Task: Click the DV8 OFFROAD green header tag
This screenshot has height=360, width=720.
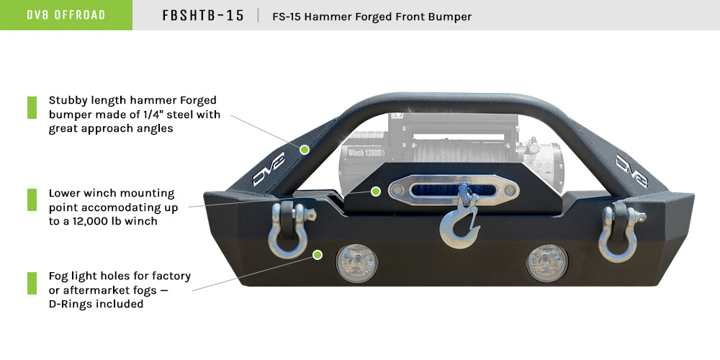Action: (x=66, y=15)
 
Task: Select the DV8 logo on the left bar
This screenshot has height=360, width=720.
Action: (x=269, y=168)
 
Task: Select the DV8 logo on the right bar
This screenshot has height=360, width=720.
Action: (x=631, y=168)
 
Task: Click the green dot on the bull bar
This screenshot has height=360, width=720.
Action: (x=305, y=150)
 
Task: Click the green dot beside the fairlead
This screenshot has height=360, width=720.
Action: (x=375, y=191)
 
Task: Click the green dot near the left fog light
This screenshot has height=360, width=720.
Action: (x=318, y=254)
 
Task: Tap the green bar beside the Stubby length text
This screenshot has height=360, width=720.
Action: (x=32, y=107)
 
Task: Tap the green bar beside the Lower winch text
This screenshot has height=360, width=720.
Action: (x=32, y=199)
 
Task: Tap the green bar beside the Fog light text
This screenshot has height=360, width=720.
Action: (x=32, y=282)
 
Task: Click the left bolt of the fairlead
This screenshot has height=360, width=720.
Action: (x=396, y=191)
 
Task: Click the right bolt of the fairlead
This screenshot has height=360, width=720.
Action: (x=510, y=191)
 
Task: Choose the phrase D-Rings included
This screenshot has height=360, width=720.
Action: (x=96, y=304)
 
